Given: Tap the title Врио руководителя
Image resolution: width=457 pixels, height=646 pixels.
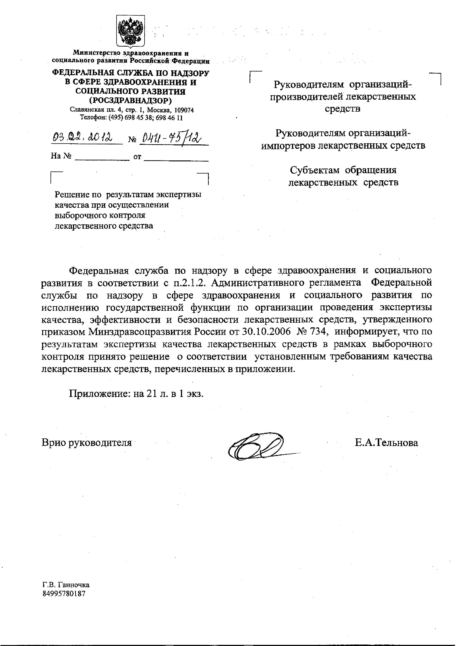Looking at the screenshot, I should pyautogui.click(x=87, y=443).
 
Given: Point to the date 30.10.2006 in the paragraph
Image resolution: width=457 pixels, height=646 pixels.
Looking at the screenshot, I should pyautogui.click(x=266, y=332).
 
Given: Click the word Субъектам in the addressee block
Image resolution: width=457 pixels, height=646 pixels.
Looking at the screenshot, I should pyautogui.click(x=315, y=170).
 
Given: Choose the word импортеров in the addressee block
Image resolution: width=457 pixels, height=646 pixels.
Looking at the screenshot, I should pyautogui.click(x=287, y=146).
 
